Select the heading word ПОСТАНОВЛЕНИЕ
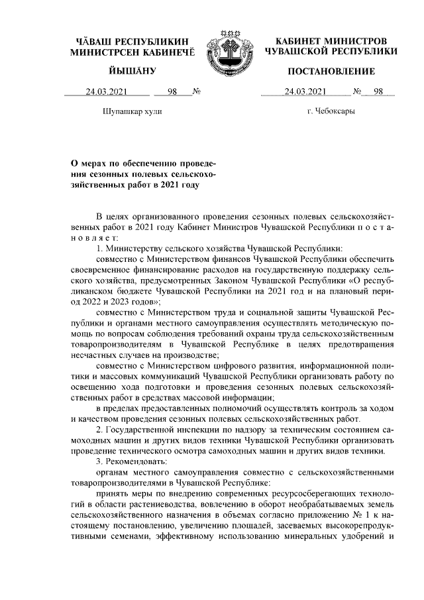click(x=331, y=71)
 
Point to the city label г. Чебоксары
click(x=331, y=111)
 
